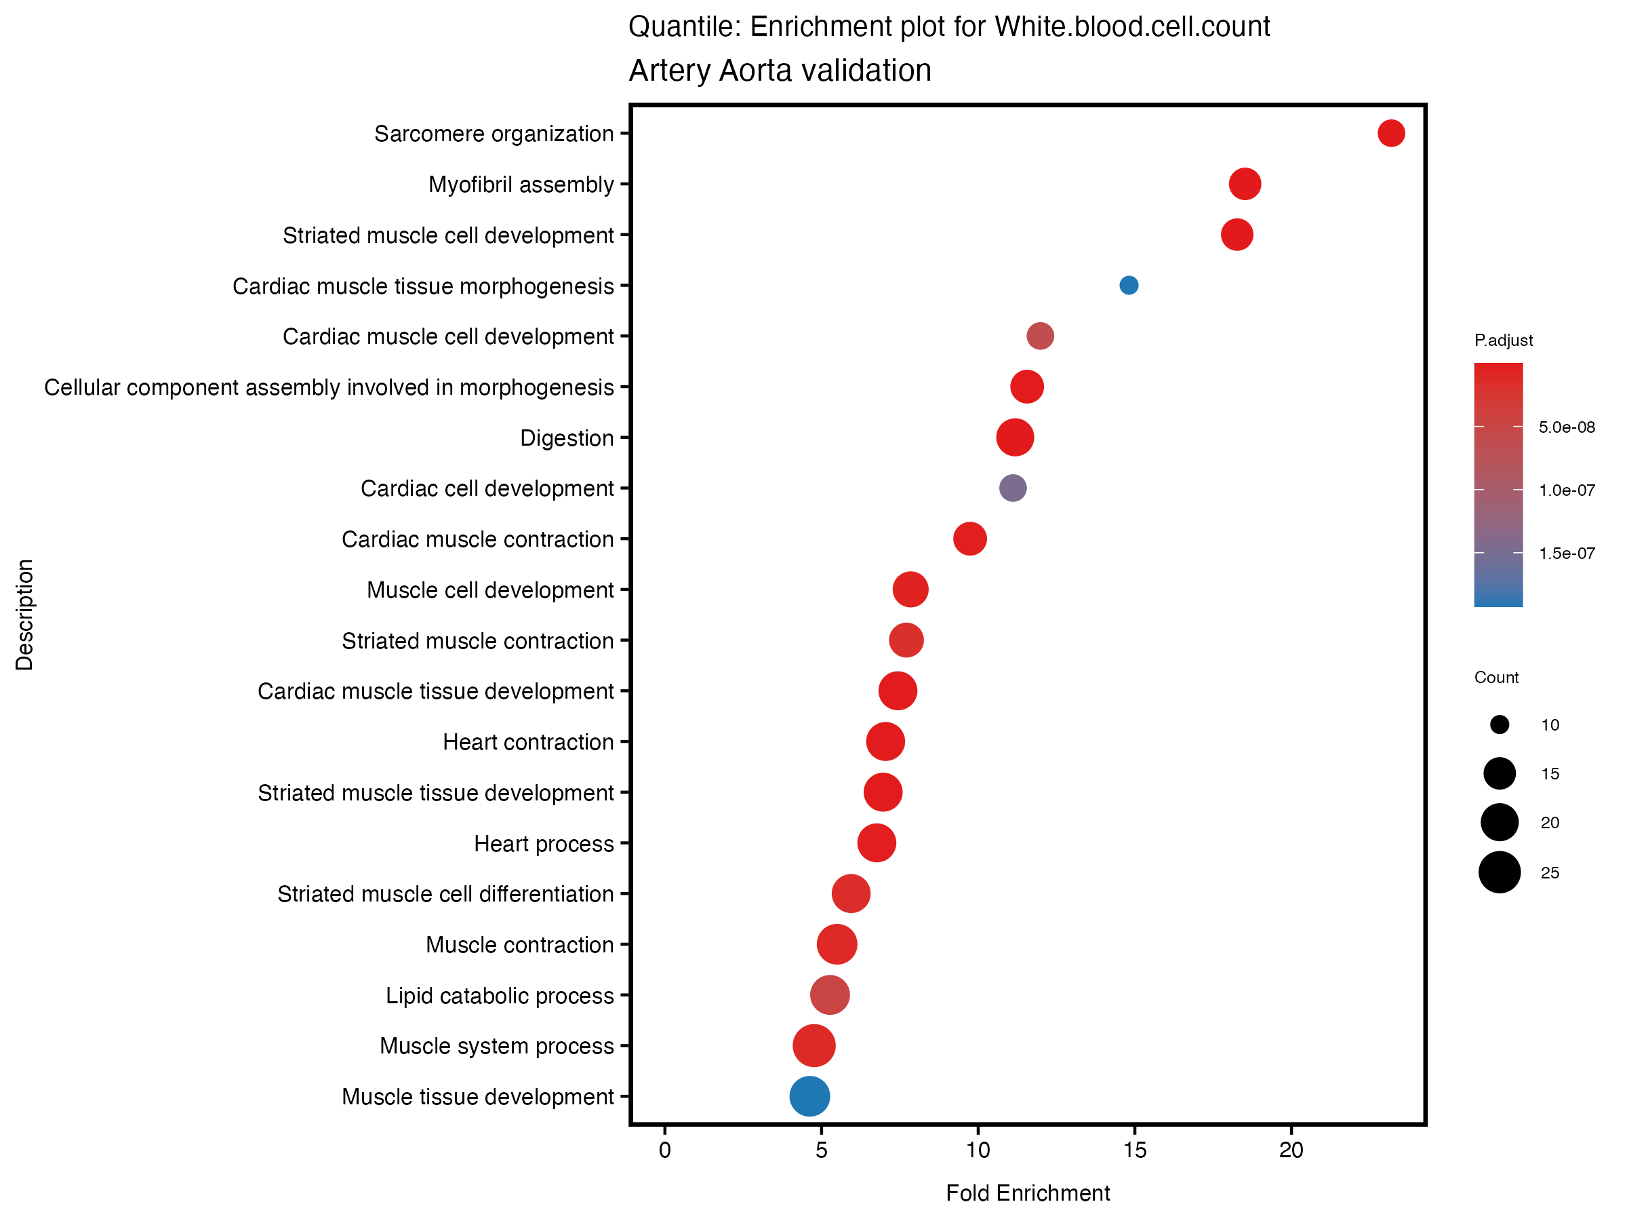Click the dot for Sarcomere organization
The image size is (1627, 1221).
pos(1391,133)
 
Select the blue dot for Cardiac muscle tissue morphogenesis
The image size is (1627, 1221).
pos(1129,285)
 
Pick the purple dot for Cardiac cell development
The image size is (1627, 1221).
pos(1013,488)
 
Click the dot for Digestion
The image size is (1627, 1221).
pos(1015,437)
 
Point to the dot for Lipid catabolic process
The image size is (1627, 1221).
pos(830,995)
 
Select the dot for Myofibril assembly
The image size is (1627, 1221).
pos(1245,183)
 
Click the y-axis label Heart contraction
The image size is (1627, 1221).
pos(528,742)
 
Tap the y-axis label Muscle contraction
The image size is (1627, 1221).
pos(519,944)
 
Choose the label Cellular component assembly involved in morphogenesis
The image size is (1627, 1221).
pos(329,387)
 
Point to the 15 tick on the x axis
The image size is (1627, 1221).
pos(1135,1150)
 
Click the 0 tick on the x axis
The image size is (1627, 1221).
pos(665,1150)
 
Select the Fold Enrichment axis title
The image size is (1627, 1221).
pos(1028,1193)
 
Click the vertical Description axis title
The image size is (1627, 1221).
pos(24,615)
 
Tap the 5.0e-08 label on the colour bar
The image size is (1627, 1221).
pos(1567,427)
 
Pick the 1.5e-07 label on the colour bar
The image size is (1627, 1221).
pos(1567,554)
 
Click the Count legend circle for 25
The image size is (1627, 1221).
pos(1500,872)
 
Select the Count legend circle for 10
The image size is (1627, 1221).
pos(1500,725)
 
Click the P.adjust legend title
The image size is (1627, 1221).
pos(1504,340)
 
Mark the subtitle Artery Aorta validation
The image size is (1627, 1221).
pos(780,71)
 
